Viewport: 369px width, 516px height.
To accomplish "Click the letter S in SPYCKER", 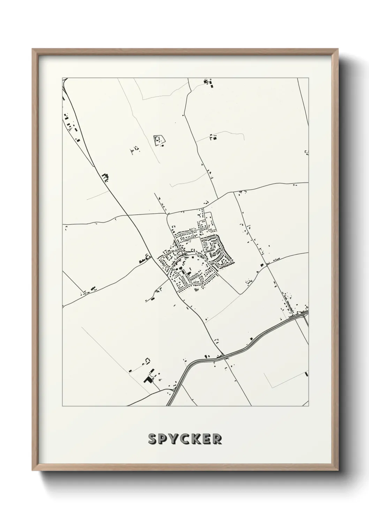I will (152, 439).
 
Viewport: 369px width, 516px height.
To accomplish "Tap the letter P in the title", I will (164, 439).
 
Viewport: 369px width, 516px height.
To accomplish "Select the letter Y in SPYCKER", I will (175, 439).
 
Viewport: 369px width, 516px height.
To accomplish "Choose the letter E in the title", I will (208, 439).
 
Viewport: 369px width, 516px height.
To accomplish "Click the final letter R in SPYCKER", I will (217, 439).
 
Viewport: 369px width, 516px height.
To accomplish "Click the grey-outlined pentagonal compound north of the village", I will (159, 140).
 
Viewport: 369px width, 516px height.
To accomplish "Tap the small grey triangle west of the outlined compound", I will (131, 151).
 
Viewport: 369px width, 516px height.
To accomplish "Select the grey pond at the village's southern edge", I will (197, 290).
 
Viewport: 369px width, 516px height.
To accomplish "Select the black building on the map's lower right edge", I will (307, 374).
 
